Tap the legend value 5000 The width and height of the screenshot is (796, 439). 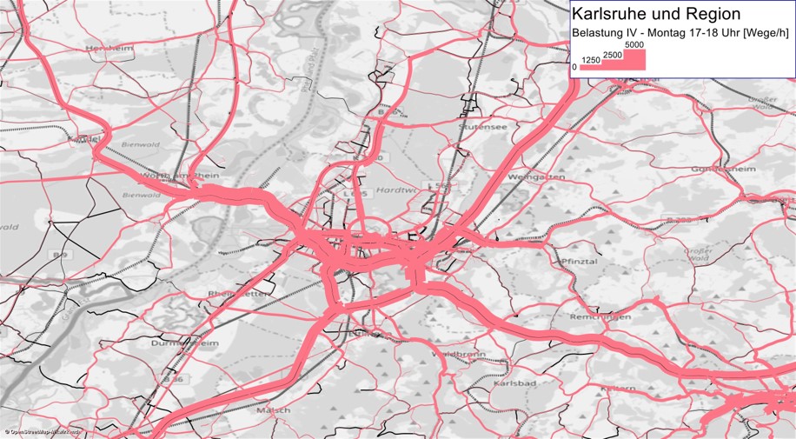point(633,44)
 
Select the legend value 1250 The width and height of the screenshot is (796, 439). point(591,60)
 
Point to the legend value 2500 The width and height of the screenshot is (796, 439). point(612,55)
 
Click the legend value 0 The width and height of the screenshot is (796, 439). point(574,67)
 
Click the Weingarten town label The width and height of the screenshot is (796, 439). point(541,176)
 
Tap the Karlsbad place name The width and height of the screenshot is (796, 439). point(511,383)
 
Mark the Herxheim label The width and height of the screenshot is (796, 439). point(110,49)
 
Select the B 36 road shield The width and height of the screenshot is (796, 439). point(176,380)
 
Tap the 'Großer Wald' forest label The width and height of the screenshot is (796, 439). point(698,254)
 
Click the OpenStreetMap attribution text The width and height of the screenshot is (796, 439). point(43,431)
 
